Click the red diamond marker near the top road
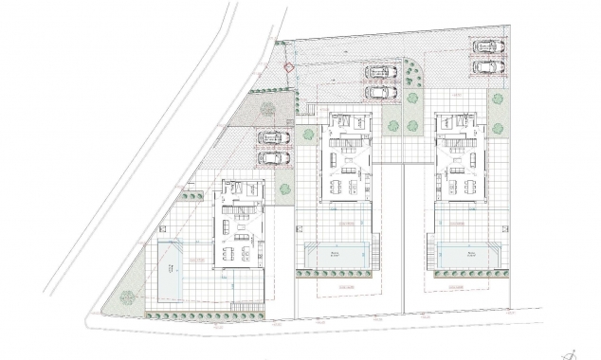coord(288,66)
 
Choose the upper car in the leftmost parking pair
coord(274,138)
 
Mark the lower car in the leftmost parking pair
coord(274,158)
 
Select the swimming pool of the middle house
coord(333,254)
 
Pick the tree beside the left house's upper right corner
coord(283,189)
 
